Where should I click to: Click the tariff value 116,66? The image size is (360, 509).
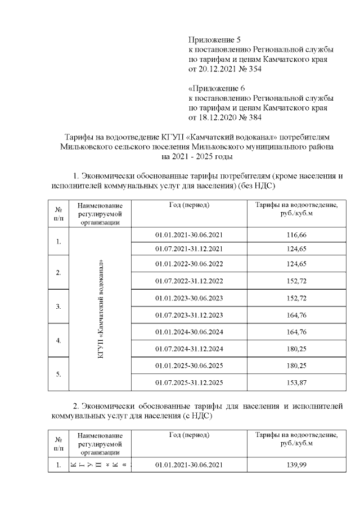296,233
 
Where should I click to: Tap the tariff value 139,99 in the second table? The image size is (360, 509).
296,465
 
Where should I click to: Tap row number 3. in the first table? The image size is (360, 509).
58,307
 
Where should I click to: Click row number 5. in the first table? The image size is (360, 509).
58,374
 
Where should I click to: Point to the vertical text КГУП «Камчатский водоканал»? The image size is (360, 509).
100,309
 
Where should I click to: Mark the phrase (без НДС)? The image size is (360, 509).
255,185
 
